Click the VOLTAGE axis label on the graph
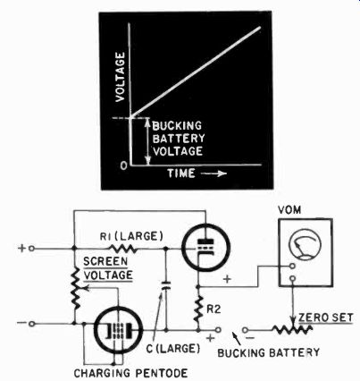(120, 77)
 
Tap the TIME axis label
(181, 174)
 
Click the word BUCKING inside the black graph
(177, 126)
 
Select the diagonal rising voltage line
(196, 72)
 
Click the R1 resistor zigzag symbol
(123, 249)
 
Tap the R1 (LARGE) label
(131, 236)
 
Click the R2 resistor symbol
(198, 309)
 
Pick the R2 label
(213, 309)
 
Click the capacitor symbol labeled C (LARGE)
(166, 285)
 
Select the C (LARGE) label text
(173, 348)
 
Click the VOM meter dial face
(306, 244)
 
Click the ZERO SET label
(326, 317)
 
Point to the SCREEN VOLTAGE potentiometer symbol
(75, 288)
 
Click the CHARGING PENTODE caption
(130, 373)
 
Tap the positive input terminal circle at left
(31, 249)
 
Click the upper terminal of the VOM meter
(292, 266)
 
